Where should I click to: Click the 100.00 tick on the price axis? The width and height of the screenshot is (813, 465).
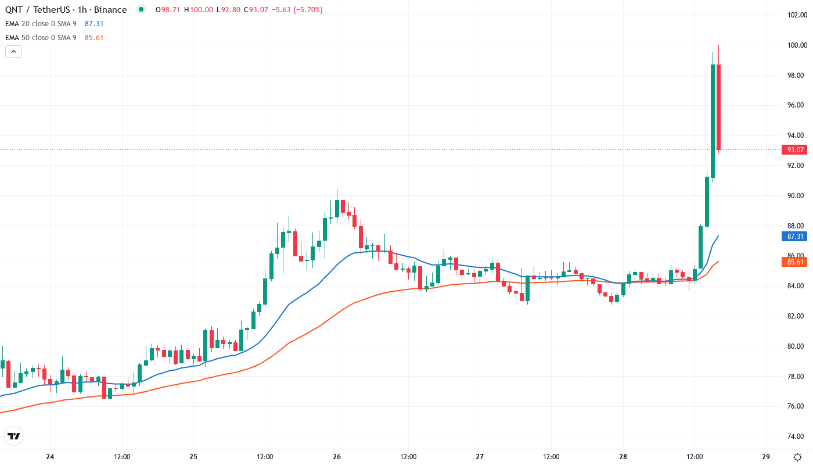(795, 45)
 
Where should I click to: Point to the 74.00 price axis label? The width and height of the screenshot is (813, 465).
(795, 437)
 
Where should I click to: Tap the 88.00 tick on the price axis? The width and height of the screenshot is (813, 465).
(795, 226)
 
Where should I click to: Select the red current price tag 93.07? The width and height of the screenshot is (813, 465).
(795, 150)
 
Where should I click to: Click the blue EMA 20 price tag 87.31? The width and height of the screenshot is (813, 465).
(795, 237)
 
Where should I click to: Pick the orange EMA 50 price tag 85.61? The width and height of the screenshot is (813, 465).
(795, 262)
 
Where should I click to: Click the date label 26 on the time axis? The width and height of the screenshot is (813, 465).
(337, 457)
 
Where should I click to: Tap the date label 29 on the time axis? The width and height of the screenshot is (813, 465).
(766, 457)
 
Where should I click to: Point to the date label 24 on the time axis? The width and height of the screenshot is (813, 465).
(50, 457)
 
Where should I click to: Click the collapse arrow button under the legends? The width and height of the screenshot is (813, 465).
(14, 51)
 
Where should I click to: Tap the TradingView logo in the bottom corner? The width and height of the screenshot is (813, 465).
(13, 436)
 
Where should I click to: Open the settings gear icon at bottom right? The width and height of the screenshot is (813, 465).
(799, 457)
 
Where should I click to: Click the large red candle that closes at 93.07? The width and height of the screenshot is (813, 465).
(718, 108)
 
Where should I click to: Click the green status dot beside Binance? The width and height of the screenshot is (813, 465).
(141, 9)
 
